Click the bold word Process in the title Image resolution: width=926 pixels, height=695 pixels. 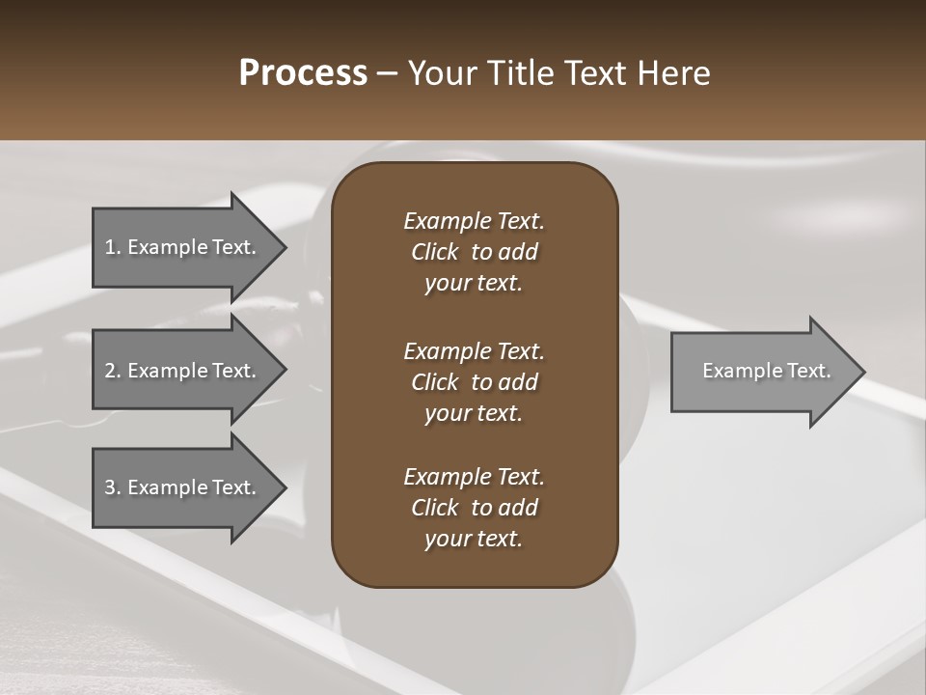coord(303,73)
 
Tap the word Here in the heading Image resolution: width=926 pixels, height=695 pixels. coord(673,73)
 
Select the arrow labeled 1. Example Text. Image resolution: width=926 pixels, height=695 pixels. coord(183,247)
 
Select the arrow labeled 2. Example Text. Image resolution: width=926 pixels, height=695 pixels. coord(183,371)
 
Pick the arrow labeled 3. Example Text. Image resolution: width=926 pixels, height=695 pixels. coord(183,487)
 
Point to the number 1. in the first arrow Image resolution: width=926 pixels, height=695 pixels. coord(113,247)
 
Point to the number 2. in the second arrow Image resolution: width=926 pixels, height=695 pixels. coord(113,371)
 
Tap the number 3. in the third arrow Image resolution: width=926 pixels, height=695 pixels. coord(113,487)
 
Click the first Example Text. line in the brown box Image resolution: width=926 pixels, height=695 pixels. coord(474,221)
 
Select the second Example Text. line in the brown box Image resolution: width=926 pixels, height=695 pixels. coord(474,351)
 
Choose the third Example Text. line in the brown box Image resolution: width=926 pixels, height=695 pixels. coord(474,477)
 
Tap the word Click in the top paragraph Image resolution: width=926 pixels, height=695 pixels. coord(434,252)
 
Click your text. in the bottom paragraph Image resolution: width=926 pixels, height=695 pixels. coord(473,539)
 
